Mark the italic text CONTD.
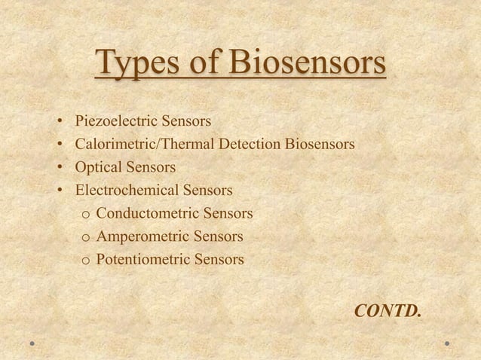(x=388, y=310)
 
